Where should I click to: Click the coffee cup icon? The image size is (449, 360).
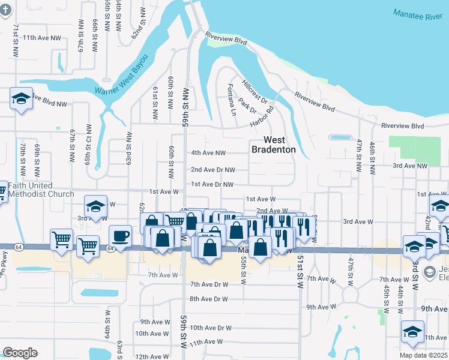point(120,235)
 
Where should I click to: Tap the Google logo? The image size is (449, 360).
point(20,353)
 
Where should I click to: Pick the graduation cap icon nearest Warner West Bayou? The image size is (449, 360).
point(21,99)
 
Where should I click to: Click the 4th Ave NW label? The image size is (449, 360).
point(208,154)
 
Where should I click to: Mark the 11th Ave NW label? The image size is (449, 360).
point(41,38)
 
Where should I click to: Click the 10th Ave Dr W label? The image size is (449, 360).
point(210,328)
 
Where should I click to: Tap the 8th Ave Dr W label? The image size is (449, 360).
point(209,299)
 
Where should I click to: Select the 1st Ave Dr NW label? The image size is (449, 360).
point(211,184)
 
